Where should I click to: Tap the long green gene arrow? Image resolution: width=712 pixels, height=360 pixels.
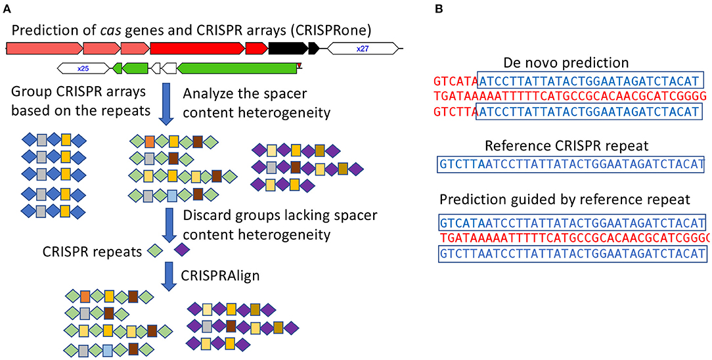point(237,67)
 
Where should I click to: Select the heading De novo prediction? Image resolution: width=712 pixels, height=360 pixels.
point(566,63)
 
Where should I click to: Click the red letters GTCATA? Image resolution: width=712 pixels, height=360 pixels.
point(455,81)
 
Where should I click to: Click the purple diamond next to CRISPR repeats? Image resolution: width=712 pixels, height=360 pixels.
point(181,250)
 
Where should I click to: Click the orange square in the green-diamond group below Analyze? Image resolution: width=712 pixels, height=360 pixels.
point(150,140)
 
